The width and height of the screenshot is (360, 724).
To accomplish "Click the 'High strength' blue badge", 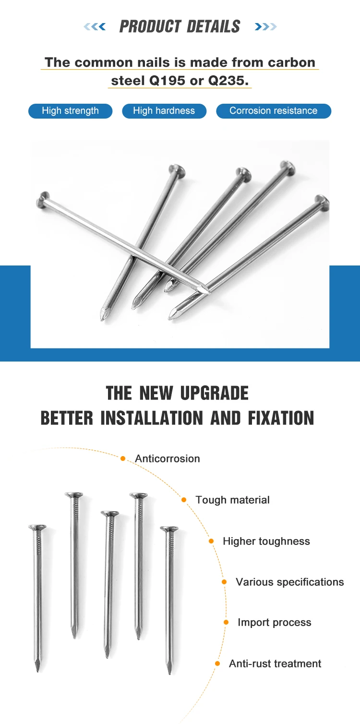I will click(x=70, y=111).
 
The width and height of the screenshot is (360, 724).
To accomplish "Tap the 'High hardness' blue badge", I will click(x=164, y=111).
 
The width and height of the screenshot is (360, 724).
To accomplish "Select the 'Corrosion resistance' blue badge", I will click(x=273, y=111).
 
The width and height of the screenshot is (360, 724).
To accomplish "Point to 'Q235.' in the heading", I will click(x=228, y=81).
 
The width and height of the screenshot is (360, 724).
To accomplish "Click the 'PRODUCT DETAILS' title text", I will click(x=180, y=26).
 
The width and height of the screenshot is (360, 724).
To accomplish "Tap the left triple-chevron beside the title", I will click(x=95, y=27).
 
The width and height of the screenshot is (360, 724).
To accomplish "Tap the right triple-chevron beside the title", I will click(x=265, y=27).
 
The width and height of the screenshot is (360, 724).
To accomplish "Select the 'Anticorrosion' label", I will click(x=167, y=459).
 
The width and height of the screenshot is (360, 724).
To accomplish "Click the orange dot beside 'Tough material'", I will click(x=184, y=500).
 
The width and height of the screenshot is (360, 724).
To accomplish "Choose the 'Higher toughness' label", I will click(x=266, y=541).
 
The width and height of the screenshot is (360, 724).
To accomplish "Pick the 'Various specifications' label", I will click(x=289, y=582).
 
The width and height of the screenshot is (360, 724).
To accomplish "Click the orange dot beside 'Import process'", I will click(x=226, y=622).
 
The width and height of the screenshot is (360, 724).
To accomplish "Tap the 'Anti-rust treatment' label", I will click(x=275, y=664).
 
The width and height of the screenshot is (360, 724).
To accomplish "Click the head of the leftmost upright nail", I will click(x=37, y=527).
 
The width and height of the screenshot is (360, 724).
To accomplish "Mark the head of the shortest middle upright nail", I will click(x=109, y=513).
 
